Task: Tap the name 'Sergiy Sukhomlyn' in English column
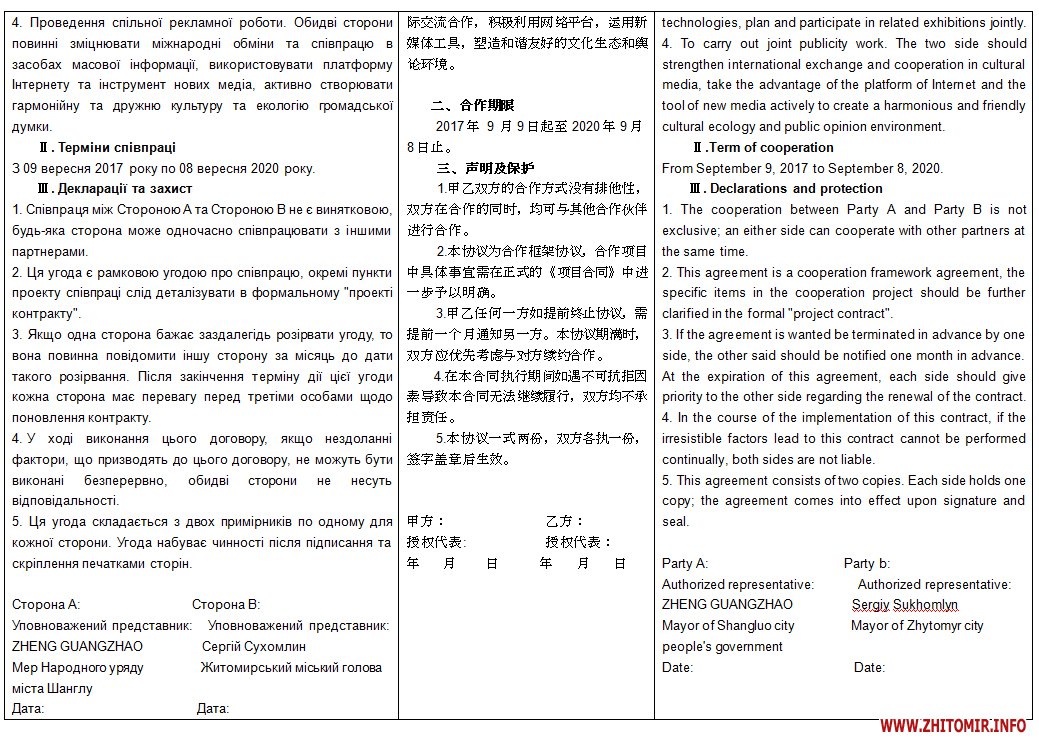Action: (905, 604)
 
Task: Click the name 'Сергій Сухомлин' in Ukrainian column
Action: (254, 646)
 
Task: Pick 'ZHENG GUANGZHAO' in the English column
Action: (727, 604)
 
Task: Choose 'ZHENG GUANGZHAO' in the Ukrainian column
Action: (77, 646)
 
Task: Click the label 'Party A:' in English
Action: (685, 563)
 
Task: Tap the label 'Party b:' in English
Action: (867, 563)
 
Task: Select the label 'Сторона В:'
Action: (226, 604)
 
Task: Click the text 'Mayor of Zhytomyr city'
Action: (917, 625)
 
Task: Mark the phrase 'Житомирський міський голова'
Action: (291, 667)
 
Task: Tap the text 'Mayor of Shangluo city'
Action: (728, 625)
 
